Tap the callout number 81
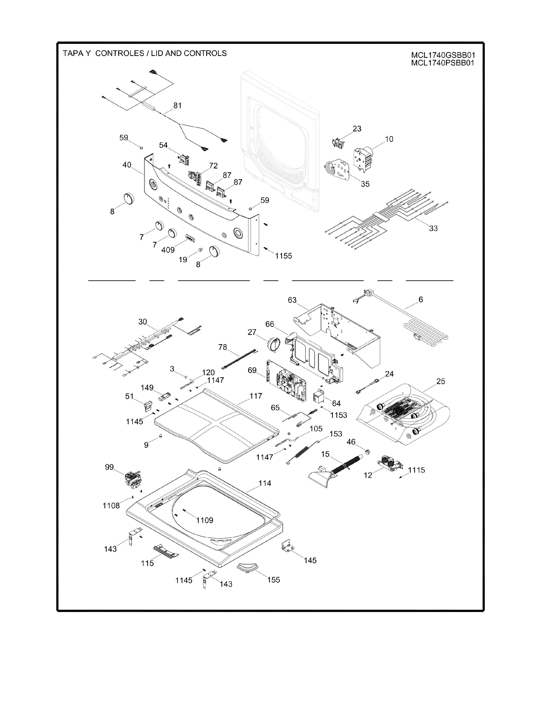point(177,105)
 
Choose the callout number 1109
point(205,520)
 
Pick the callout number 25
point(441,381)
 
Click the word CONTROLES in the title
point(119,53)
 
